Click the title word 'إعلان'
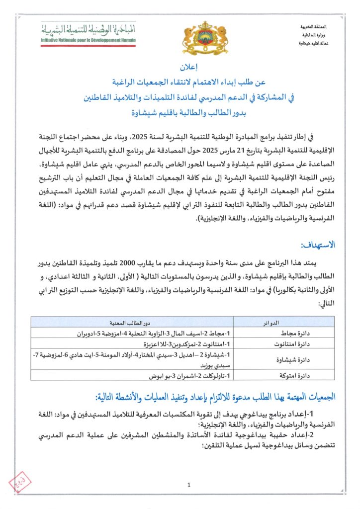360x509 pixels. click(180, 66)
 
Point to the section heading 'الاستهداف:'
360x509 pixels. click(318, 246)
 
